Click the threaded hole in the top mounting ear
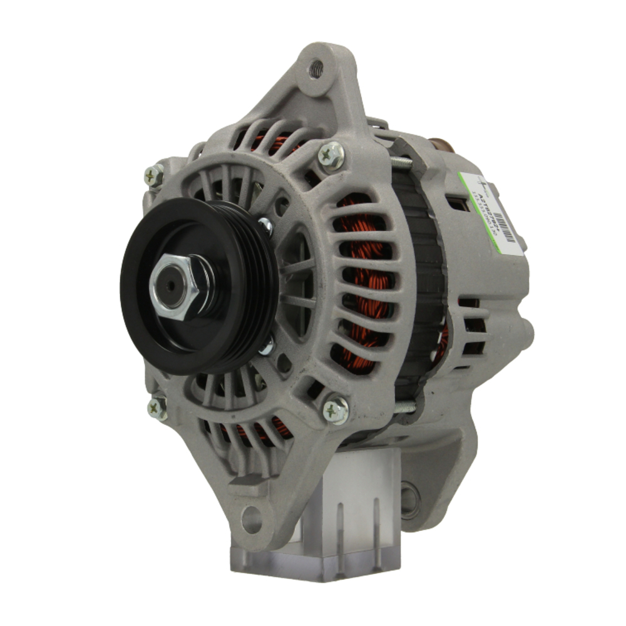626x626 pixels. coord(316,69)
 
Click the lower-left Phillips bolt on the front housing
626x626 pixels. coord(157,408)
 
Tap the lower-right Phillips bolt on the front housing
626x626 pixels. coord(336,410)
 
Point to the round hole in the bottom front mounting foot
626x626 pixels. coord(252,519)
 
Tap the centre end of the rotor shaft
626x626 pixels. coord(168,289)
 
